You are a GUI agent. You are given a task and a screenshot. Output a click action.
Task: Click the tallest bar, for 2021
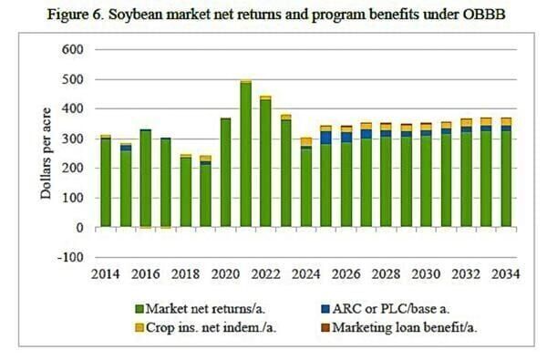coord(246,155)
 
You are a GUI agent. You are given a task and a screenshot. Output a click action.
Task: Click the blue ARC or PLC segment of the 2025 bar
coord(326,138)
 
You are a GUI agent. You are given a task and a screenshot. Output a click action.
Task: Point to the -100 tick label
coord(71,257)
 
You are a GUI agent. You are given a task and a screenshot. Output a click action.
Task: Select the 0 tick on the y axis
coord(82,228)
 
